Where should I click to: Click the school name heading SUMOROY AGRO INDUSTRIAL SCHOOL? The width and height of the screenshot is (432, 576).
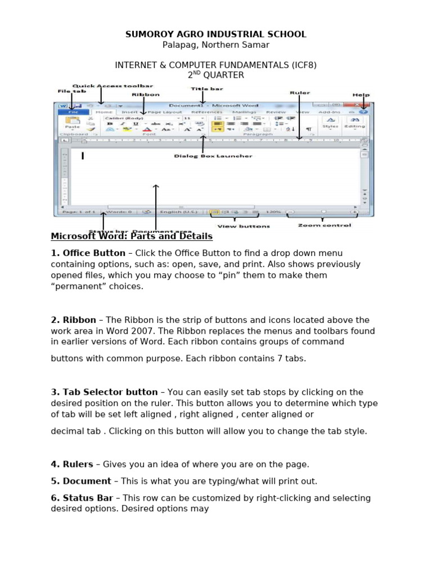[215, 34]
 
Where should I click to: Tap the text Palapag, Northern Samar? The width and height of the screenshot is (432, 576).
[215, 45]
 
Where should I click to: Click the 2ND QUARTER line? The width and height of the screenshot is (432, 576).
[215, 75]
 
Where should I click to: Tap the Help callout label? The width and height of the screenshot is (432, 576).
[361, 94]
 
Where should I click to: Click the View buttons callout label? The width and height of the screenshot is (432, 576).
[236, 226]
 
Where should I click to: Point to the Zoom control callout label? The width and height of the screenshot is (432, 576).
[324, 225]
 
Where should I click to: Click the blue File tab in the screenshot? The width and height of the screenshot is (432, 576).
[73, 112]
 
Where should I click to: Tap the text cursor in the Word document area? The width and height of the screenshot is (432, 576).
[83, 156]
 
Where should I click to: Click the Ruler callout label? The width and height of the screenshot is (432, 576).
[299, 92]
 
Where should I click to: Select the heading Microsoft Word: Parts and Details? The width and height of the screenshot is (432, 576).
[132, 236]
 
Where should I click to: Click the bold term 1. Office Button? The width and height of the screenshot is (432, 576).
[88, 253]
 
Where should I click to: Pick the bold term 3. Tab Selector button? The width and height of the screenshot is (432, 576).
[104, 392]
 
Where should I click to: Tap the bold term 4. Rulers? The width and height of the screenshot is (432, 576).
[72, 464]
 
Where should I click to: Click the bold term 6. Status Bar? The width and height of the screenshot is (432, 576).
[82, 498]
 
